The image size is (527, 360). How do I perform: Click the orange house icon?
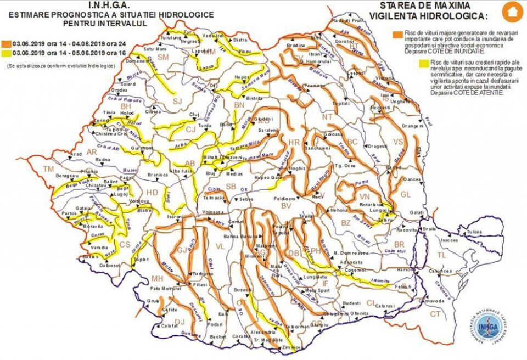coord(512,11)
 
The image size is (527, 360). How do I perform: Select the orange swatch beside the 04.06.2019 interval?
coord(5,42)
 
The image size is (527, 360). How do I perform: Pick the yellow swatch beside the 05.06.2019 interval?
coord(5,52)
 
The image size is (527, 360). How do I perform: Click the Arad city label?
coord(75,154)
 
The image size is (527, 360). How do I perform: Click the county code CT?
coord(435,314)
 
